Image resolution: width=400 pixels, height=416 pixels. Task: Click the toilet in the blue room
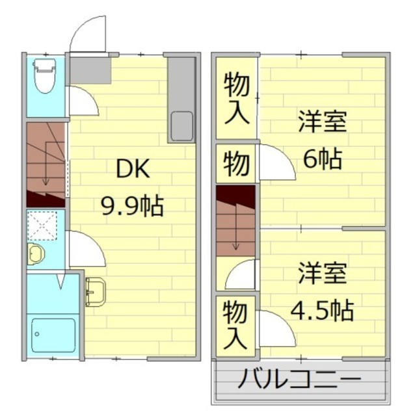pyautogui.click(x=45, y=76)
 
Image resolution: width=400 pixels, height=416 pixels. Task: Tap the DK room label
pyautogui.click(x=133, y=169)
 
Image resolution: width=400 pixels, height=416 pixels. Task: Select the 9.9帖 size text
pyautogui.click(x=132, y=206)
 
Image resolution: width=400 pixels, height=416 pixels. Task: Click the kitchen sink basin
pyautogui.click(x=182, y=126)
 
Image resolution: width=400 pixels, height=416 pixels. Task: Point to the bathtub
pyautogui.click(x=53, y=335)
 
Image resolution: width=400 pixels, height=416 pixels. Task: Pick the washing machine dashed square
pyautogui.click(x=42, y=226)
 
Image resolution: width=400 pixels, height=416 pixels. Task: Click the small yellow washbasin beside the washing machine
pyautogui.click(x=36, y=253)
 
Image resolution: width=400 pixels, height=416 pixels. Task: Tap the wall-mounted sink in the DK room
pyautogui.click(x=96, y=292)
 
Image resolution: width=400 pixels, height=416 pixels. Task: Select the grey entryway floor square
pyautogui.click(x=90, y=71)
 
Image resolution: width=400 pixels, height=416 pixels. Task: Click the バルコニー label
pyautogui.click(x=299, y=378)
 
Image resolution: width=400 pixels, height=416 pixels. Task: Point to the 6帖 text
pyautogui.click(x=322, y=159)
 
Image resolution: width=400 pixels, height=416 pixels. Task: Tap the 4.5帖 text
pyautogui.click(x=322, y=310)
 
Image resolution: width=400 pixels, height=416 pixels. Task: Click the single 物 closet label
pyautogui.click(x=236, y=163)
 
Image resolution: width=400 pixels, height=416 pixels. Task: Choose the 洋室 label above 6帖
pyautogui.click(x=323, y=122)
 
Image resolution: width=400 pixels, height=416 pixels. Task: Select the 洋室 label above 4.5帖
pyautogui.click(x=323, y=273)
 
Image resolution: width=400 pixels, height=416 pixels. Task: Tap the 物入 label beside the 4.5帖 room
pyautogui.click(x=235, y=326)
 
